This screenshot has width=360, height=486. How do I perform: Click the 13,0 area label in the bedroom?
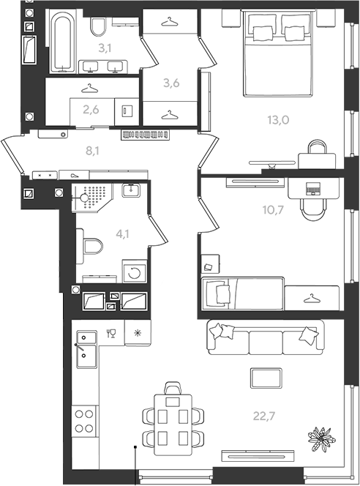point(278,119)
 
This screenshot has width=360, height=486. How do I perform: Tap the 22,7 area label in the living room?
point(264,416)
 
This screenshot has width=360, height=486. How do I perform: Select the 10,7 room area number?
point(273,210)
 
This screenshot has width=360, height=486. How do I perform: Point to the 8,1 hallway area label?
point(92,151)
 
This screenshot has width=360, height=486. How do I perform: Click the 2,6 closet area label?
point(91,109)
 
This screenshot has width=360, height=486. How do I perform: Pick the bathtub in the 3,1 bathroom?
point(63,41)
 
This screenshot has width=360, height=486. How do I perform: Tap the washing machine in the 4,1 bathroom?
point(135,272)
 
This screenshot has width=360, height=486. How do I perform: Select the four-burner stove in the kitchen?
point(84,421)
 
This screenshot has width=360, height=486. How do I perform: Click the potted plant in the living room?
point(321,439)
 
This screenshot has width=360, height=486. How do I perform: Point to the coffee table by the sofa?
point(266,378)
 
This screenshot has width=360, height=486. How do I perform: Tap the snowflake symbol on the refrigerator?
point(138,333)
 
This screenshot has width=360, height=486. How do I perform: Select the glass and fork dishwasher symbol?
point(111,334)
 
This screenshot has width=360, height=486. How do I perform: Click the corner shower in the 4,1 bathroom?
point(92,198)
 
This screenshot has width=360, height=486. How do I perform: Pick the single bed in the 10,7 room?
point(243,294)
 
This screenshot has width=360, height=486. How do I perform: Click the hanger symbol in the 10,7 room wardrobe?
point(312,299)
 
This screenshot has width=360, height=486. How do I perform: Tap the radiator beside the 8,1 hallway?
point(146,135)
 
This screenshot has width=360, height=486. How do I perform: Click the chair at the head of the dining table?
point(173,388)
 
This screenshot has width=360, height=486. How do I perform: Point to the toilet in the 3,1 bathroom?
point(98,26)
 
